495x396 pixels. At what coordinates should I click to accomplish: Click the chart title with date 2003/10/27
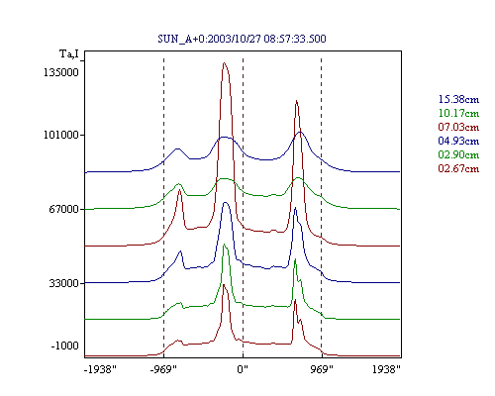(x=242, y=39)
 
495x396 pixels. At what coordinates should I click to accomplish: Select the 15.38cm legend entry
(x=458, y=99)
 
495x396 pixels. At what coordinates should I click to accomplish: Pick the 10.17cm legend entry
(x=458, y=113)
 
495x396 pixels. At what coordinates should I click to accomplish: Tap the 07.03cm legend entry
(x=458, y=127)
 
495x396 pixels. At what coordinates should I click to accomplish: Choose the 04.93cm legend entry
(x=458, y=141)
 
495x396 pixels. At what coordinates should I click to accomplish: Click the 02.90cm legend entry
(x=458, y=154)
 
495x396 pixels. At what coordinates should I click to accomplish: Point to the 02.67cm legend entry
(x=458, y=168)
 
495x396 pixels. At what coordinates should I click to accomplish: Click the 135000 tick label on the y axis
(x=61, y=72)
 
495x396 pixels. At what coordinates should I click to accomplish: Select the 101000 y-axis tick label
(x=61, y=135)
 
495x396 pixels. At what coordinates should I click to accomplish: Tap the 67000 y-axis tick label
(x=64, y=209)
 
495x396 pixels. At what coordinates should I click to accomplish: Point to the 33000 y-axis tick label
(x=64, y=283)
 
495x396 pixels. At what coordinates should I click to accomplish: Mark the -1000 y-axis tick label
(x=64, y=346)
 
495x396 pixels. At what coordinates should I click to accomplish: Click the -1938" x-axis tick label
(x=100, y=369)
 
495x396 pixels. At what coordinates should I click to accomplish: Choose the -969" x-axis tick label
(x=163, y=369)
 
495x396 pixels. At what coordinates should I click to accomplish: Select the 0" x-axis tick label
(x=243, y=369)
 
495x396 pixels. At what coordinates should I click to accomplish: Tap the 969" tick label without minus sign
(x=322, y=369)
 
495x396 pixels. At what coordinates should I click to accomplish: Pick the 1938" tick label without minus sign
(x=386, y=369)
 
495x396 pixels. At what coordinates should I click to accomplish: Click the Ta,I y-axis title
(x=69, y=53)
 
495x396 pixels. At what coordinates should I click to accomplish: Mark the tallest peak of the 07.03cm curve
(x=225, y=62)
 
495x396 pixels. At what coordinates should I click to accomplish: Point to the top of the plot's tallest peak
(x=225, y=62)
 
